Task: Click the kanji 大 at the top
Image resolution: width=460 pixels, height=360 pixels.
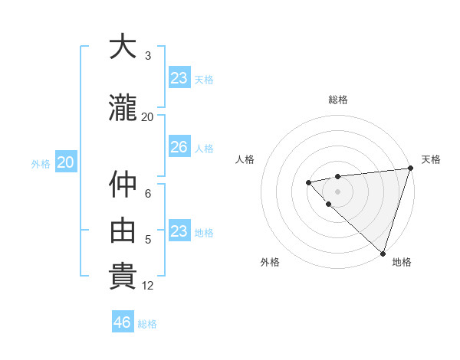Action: [123, 47]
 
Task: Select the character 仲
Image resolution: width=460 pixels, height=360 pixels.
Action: [123, 185]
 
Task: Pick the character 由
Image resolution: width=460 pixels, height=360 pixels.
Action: [123, 229]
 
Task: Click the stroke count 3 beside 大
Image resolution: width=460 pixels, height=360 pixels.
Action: [147, 56]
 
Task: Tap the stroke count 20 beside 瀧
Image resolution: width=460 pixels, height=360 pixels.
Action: [147, 117]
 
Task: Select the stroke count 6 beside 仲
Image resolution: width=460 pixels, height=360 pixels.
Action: [147, 195]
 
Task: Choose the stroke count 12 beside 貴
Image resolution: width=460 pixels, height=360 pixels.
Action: [147, 286]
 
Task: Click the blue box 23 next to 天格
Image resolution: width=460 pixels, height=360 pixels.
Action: [179, 77]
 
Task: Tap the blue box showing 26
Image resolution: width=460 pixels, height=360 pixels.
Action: [179, 147]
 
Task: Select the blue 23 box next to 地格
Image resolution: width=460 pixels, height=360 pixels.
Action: [179, 231]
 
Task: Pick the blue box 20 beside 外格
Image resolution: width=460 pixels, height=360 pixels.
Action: [66, 162]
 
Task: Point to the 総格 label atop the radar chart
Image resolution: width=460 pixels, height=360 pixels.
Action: [338, 100]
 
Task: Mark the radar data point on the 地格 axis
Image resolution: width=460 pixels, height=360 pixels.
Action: [383, 253]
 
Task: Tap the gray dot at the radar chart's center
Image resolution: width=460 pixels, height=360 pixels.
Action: [337, 191]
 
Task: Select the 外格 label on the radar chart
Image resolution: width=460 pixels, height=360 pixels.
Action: [270, 262]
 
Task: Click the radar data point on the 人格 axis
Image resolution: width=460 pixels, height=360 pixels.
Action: [308, 182]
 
